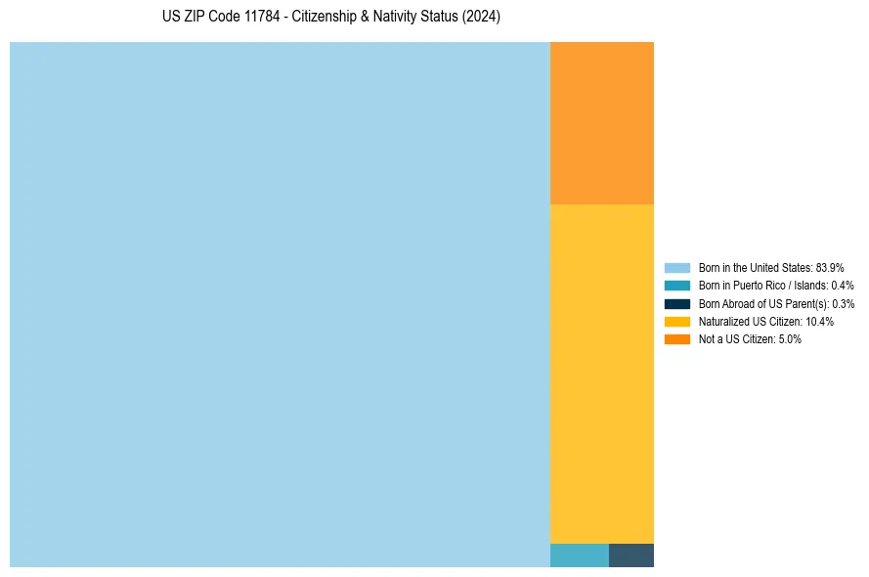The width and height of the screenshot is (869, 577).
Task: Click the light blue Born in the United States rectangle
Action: [x=280, y=304]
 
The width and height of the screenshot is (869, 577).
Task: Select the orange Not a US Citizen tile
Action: [x=601, y=123]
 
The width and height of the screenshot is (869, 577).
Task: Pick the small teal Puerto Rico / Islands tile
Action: [x=579, y=555]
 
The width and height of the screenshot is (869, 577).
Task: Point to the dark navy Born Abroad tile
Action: [x=631, y=555]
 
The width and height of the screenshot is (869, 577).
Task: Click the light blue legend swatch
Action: [x=676, y=267]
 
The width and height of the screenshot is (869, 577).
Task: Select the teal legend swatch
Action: [x=676, y=286]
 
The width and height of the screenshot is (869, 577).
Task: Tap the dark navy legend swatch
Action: [x=676, y=303]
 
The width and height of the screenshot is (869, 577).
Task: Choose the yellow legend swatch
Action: [x=676, y=321]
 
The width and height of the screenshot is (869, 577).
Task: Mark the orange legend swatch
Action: [x=676, y=338]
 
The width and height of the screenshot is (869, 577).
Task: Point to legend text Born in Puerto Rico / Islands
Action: [x=762, y=286]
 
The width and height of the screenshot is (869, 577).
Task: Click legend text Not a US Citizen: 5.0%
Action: [x=750, y=338]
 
